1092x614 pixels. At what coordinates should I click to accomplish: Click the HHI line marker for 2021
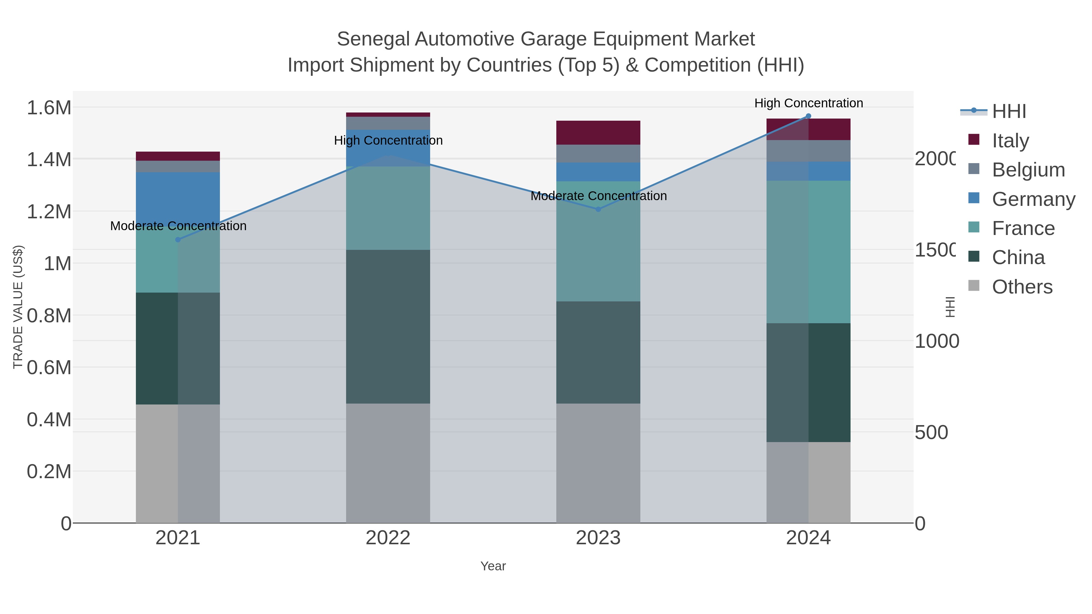(x=178, y=240)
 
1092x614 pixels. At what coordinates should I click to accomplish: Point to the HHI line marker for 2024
(x=808, y=116)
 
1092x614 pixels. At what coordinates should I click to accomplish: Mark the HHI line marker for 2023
(x=598, y=209)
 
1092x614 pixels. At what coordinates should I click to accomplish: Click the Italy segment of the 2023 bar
(x=598, y=133)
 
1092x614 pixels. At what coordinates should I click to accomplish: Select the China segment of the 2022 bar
(x=388, y=326)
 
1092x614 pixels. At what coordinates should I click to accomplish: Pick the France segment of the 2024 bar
(x=808, y=252)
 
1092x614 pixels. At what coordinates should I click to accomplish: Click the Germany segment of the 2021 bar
(x=178, y=195)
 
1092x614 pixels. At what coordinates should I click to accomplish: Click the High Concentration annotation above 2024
(x=808, y=103)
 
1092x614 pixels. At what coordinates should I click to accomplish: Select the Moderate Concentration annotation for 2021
(x=178, y=226)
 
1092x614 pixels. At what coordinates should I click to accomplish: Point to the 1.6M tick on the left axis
(x=49, y=108)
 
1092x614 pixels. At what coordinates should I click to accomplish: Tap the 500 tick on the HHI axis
(x=931, y=433)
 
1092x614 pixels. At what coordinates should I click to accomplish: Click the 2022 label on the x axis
(x=388, y=538)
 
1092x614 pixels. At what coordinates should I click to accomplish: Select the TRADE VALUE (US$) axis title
(x=18, y=307)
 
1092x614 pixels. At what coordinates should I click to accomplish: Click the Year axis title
(x=493, y=566)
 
